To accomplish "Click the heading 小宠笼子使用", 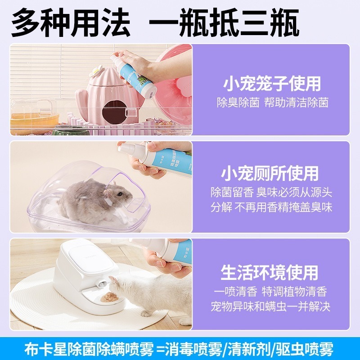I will pos(271,84).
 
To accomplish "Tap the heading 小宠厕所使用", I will pos(270,174).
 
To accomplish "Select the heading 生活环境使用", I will pos(270,272).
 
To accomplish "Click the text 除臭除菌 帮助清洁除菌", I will pos(270,103).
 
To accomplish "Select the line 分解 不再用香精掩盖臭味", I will pos(271,207).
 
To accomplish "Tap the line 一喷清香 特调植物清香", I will pos(270,291).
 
